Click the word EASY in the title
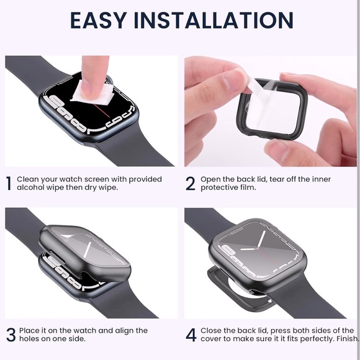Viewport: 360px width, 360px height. (x=99, y=20)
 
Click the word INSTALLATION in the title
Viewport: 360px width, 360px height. (x=214, y=20)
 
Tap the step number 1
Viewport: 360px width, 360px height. (x=9, y=184)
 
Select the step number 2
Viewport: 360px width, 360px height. (x=191, y=184)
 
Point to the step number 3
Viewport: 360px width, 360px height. (x=11, y=335)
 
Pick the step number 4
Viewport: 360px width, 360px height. (x=191, y=335)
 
